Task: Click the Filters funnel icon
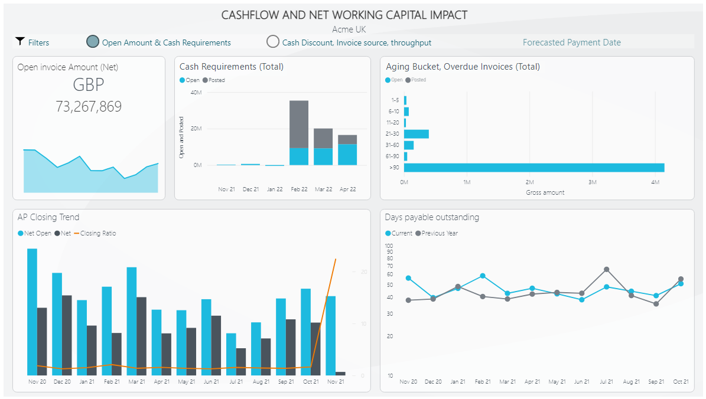point(20,41)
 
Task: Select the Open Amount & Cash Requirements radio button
point(93,41)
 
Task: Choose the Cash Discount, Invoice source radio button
point(272,41)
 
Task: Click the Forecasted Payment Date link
point(571,42)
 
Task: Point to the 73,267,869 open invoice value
point(89,106)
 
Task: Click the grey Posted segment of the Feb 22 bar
point(299,124)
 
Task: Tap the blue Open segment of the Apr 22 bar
point(347,155)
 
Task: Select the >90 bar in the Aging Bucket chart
point(534,168)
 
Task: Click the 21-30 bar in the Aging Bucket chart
point(416,134)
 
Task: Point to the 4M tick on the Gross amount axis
point(655,182)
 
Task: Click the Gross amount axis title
point(545,192)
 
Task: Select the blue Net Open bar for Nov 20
point(32,312)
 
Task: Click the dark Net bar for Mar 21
point(141,336)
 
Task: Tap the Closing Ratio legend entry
point(97,233)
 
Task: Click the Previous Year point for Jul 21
point(606,269)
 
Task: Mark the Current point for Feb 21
point(483,276)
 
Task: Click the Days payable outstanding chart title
point(432,217)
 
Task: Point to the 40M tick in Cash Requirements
point(196,93)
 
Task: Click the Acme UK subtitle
point(353,29)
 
